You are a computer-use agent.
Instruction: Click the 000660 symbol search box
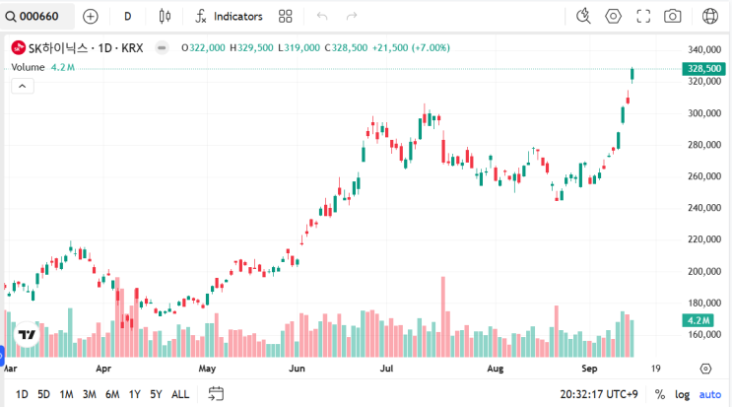pos(37,16)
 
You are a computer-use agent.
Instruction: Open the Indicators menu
pos(230,16)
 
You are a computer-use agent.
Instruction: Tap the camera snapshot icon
pos(673,16)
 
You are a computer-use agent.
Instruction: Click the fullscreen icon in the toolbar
pos(643,16)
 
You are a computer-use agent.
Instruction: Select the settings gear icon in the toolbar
pos(614,16)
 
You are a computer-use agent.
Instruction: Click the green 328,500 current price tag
pos(703,68)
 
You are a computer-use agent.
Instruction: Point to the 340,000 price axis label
pos(703,50)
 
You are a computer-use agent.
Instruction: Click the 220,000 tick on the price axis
pos(703,239)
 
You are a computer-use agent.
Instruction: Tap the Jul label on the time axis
pos(387,369)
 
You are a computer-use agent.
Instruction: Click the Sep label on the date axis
pos(589,369)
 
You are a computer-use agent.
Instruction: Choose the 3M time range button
pos(89,394)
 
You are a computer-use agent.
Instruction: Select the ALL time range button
pos(180,394)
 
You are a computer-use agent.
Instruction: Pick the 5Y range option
pos(156,394)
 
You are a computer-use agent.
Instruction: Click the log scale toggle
pos(683,394)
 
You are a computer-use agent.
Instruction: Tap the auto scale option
pos(710,394)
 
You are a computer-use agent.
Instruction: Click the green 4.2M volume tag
pos(703,320)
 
